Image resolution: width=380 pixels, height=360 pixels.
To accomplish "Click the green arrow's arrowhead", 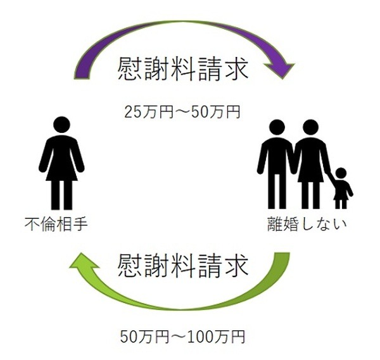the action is click(x=84, y=263).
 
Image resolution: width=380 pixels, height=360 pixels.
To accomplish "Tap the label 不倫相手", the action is click(x=56, y=224).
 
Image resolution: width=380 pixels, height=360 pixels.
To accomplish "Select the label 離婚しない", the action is click(x=307, y=224).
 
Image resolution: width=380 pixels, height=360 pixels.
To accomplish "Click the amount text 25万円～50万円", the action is click(x=182, y=112).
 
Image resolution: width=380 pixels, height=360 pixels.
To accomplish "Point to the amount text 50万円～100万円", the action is click(x=182, y=337).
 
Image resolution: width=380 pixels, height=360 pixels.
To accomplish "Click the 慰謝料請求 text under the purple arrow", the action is click(x=183, y=68).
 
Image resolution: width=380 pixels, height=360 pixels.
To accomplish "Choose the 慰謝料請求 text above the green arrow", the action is click(x=183, y=266).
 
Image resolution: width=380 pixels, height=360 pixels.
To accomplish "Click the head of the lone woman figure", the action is click(x=61, y=125).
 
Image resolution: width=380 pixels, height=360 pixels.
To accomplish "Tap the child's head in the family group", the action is click(x=341, y=173).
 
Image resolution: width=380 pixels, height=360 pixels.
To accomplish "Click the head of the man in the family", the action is click(x=277, y=128).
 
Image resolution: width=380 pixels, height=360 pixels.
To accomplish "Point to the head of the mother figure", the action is click(x=310, y=128).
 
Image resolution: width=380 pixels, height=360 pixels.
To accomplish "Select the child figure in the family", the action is click(x=341, y=189).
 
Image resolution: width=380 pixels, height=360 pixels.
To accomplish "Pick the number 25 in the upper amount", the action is click(x=133, y=112).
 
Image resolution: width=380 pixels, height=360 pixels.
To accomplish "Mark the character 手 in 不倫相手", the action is click(x=80, y=224).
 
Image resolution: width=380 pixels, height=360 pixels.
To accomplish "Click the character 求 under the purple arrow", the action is click(x=236, y=68).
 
